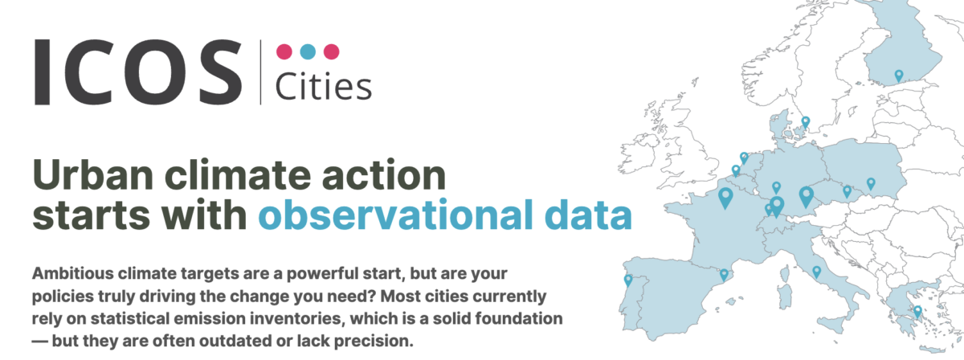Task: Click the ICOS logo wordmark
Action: click(x=137, y=72)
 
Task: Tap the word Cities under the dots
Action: click(x=323, y=87)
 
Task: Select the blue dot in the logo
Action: click(x=308, y=51)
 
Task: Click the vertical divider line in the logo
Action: click(x=260, y=72)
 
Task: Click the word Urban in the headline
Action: click(x=93, y=175)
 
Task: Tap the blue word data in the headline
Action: click(x=588, y=214)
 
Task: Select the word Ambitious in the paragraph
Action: click(x=73, y=273)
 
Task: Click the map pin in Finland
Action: click(x=899, y=76)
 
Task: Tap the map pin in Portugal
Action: click(x=628, y=280)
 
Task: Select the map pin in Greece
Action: click(x=917, y=312)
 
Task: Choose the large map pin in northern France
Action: click(x=725, y=198)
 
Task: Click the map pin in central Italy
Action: click(x=816, y=272)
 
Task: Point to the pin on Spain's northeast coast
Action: click(x=724, y=275)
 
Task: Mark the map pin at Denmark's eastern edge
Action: click(x=806, y=123)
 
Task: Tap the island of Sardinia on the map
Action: click(x=786, y=296)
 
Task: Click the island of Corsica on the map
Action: click(x=786, y=272)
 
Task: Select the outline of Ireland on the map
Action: click(x=638, y=153)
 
